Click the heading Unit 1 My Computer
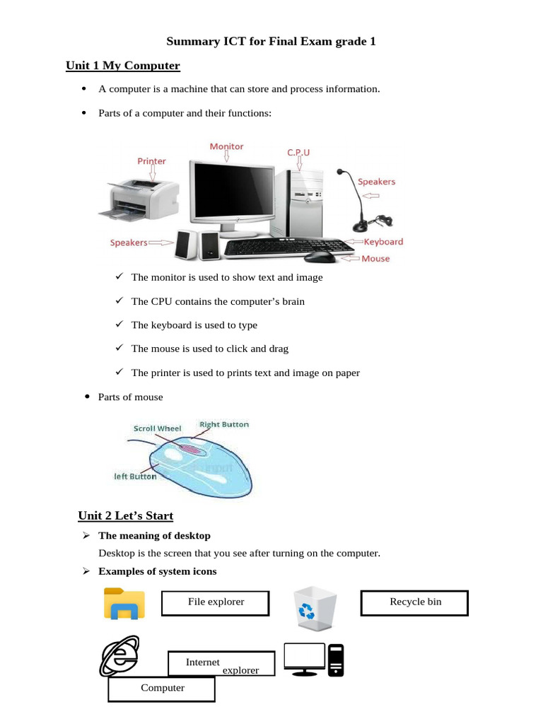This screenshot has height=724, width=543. click(123, 66)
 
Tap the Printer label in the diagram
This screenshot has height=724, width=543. click(151, 161)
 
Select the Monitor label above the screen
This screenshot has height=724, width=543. click(226, 146)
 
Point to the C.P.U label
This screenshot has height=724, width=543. click(298, 152)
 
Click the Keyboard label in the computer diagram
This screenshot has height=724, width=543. click(383, 242)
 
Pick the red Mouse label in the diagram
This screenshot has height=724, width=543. click(375, 259)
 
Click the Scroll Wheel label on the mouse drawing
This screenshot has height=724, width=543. click(157, 428)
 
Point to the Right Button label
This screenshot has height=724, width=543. click(224, 425)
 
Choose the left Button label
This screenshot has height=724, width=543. click(135, 477)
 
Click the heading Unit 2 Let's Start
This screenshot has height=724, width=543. click(125, 515)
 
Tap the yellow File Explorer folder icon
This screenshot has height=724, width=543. click(124, 604)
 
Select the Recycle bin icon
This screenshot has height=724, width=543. click(315, 608)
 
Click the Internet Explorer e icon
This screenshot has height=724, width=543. click(119, 656)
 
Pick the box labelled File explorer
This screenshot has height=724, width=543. click(216, 603)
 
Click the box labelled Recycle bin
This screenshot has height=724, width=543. click(414, 603)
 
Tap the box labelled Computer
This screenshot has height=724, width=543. click(161, 689)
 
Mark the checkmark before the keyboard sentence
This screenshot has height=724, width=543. click(119, 324)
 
